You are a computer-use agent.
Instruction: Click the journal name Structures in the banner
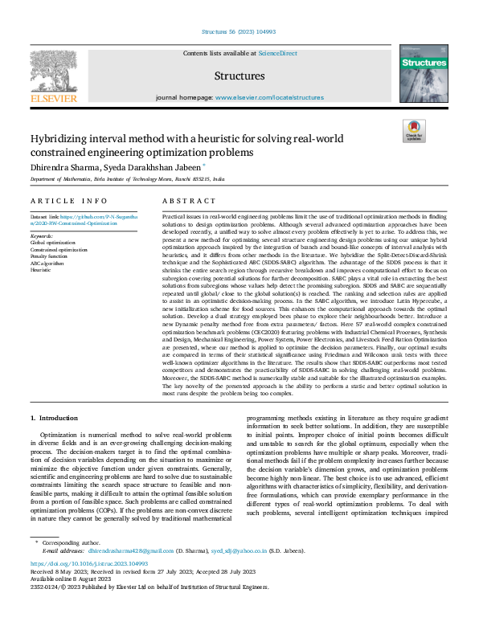(239, 76)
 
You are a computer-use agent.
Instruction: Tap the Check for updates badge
(414, 129)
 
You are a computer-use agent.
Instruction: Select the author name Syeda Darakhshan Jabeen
(159, 167)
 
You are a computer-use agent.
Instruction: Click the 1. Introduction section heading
(55, 419)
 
